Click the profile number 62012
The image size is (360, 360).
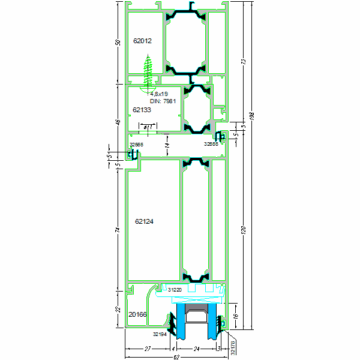[x=142, y=41]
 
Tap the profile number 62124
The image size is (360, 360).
[x=144, y=221]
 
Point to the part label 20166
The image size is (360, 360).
[x=137, y=314]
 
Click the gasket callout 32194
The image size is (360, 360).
[x=159, y=334]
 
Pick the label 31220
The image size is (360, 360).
[x=174, y=290]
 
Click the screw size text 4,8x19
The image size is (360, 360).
[x=160, y=94]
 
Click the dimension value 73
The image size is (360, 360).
[x=243, y=61]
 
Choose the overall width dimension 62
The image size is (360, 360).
[x=176, y=358]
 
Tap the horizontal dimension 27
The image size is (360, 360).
[x=147, y=349]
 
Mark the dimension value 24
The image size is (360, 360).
[x=196, y=349]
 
